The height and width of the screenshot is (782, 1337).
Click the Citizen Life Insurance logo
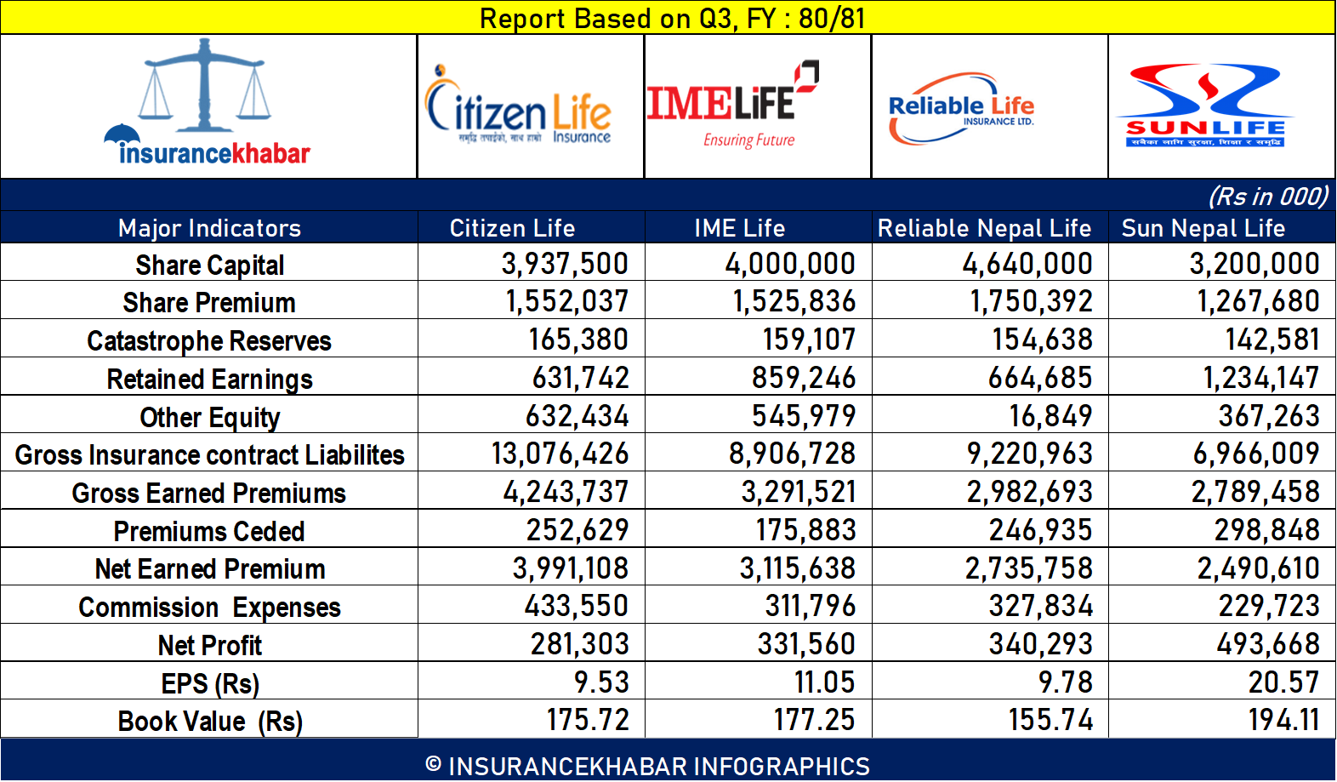coord(519,107)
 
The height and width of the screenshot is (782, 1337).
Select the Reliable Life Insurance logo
coord(961,108)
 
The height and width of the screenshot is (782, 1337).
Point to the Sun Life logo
coord(1205,106)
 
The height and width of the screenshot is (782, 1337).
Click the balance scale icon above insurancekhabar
coord(203,85)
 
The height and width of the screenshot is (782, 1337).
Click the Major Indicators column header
coord(209,228)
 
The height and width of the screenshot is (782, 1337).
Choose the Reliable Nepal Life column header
coord(984,228)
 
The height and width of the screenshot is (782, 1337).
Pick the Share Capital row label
coord(209,265)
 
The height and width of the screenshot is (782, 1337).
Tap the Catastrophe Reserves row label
coord(209,340)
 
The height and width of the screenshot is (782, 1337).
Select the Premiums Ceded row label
coord(209,531)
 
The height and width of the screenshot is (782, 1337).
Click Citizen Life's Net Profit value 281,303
coord(579,644)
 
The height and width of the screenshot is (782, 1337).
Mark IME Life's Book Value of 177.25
coord(814,720)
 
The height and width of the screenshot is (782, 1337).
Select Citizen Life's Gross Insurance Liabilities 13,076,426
coord(560,454)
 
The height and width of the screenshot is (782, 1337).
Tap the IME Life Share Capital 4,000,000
coord(790,264)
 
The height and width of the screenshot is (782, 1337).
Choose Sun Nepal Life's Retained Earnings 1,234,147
coord(1260,378)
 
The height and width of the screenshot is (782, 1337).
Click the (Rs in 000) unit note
coord(1268,197)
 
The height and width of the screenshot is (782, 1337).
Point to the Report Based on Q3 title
coord(672,18)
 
